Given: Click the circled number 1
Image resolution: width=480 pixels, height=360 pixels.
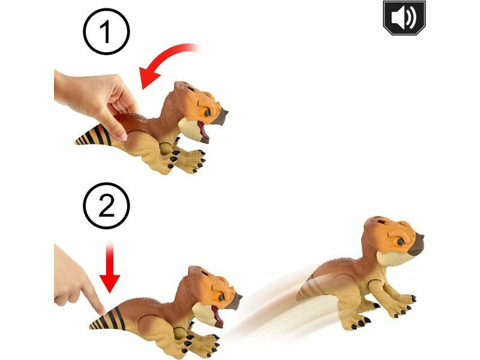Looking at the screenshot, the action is (x=106, y=32).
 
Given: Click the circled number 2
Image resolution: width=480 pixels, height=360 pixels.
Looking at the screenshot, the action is (x=106, y=206).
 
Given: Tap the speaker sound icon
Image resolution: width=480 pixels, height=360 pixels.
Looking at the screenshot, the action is (x=404, y=17).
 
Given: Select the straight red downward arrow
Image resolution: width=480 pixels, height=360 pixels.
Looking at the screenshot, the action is (x=110, y=266).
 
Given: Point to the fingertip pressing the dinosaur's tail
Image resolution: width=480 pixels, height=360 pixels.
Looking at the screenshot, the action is (x=101, y=310).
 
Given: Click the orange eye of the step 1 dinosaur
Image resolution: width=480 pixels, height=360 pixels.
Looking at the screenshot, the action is (x=206, y=113).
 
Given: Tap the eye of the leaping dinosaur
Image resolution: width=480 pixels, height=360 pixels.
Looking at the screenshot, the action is (x=400, y=242).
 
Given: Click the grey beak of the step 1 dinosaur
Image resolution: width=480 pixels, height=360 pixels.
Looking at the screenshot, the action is (x=220, y=116).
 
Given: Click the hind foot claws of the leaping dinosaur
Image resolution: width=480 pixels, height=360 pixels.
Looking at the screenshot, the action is (x=361, y=322).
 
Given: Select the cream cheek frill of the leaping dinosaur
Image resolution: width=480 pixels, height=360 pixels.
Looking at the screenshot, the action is (x=388, y=259).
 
